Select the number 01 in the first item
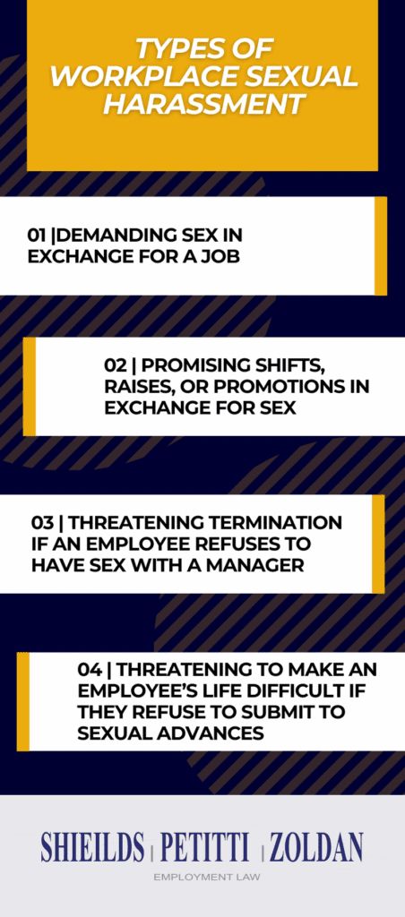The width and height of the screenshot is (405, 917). click(37, 235)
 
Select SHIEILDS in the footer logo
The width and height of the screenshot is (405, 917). click(92, 845)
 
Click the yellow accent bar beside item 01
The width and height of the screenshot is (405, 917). click(380, 245)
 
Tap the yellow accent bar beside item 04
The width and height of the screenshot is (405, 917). click(23, 701)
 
